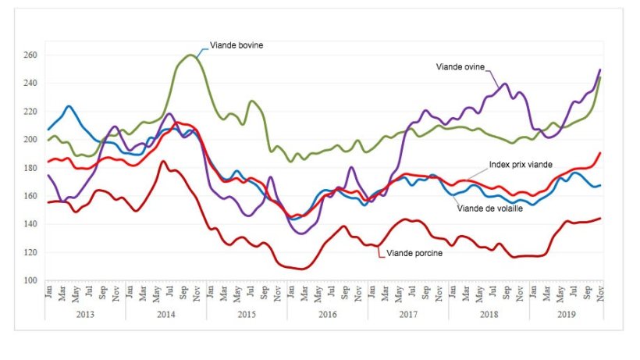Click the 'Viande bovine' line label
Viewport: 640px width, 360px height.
(x=237, y=45)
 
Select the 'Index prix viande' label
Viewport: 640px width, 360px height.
(x=521, y=165)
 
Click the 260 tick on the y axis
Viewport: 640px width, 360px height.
(x=30, y=55)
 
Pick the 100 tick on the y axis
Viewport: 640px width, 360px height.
(x=30, y=280)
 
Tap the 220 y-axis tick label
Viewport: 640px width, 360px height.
(x=30, y=112)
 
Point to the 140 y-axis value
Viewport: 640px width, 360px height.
(x=30, y=224)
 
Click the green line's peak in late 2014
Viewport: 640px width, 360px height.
(x=192, y=55)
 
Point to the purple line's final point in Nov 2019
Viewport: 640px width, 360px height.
(x=600, y=70)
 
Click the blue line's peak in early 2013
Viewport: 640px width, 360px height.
(x=69, y=106)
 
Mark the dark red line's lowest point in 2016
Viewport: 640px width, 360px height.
(x=303, y=269)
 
